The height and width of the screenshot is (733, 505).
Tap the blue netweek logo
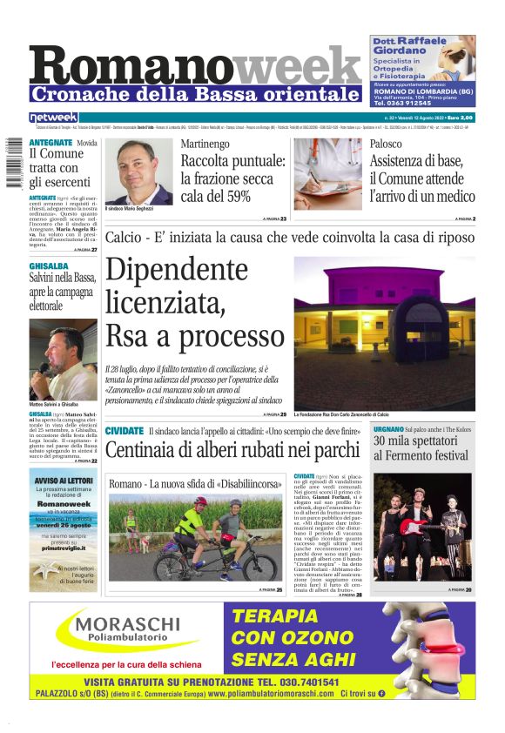click(53, 117)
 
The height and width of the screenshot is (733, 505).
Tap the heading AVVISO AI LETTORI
click(63, 480)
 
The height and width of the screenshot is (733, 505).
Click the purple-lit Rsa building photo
click(383, 332)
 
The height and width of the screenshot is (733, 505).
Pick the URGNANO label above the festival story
click(387, 430)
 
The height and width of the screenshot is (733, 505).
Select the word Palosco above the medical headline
click(386, 144)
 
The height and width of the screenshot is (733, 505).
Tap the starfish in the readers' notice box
click(45, 571)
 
